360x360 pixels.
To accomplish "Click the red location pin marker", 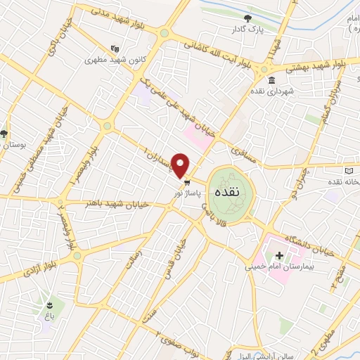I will [x=181, y=165].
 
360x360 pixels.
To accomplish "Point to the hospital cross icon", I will [x=280, y=255].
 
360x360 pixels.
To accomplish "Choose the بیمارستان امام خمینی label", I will [x=277, y=267].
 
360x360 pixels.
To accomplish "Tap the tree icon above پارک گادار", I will [x=247, y=18].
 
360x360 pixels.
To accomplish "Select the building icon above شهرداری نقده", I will [x=271, y=79].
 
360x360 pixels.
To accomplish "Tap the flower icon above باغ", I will [x=50, y=304].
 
